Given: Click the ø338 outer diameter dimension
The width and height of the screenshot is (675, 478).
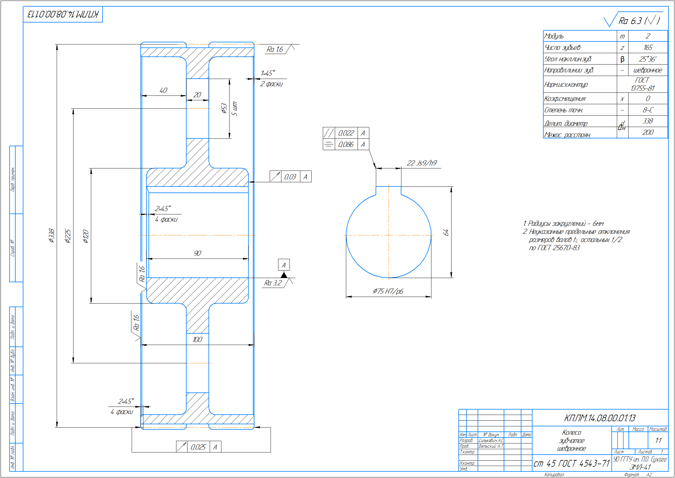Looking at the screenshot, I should [52, 235].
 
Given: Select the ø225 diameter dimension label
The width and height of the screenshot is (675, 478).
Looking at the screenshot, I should [68, 236].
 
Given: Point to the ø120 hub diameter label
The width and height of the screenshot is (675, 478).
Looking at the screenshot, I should [86, 236].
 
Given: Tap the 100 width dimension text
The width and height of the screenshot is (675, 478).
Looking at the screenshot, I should [197, 340].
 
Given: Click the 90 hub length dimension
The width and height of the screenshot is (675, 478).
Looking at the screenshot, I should [197, 253].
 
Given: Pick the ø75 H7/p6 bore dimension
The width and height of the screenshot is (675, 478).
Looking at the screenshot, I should [388, 291].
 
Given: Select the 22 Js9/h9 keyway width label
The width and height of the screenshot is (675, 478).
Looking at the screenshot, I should [421, 163].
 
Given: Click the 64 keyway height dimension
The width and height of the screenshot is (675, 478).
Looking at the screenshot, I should [446, 232].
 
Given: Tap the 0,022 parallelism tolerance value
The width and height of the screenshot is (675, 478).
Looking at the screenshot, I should [346, 133].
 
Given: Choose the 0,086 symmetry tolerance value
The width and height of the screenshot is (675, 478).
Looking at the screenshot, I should [346, 144].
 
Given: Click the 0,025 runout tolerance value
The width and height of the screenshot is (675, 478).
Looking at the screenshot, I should [198, 447].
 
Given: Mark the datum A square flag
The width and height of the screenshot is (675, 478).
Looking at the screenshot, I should [284, 265].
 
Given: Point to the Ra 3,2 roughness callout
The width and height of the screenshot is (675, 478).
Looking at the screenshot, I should [273, 283].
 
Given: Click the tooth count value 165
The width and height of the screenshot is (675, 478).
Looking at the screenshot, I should [648, 47].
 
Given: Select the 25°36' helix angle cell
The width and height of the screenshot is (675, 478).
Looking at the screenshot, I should [648, 59].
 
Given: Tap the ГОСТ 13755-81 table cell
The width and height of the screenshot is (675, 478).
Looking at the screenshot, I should [642, 84].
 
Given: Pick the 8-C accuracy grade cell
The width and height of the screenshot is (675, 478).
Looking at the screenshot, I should [648, 110].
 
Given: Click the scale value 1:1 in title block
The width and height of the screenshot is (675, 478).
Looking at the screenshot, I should [658, 440].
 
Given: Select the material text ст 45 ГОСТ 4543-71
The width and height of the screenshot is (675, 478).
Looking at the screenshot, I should [571, 464].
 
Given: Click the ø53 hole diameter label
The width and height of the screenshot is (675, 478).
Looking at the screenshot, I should [224, 108].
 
